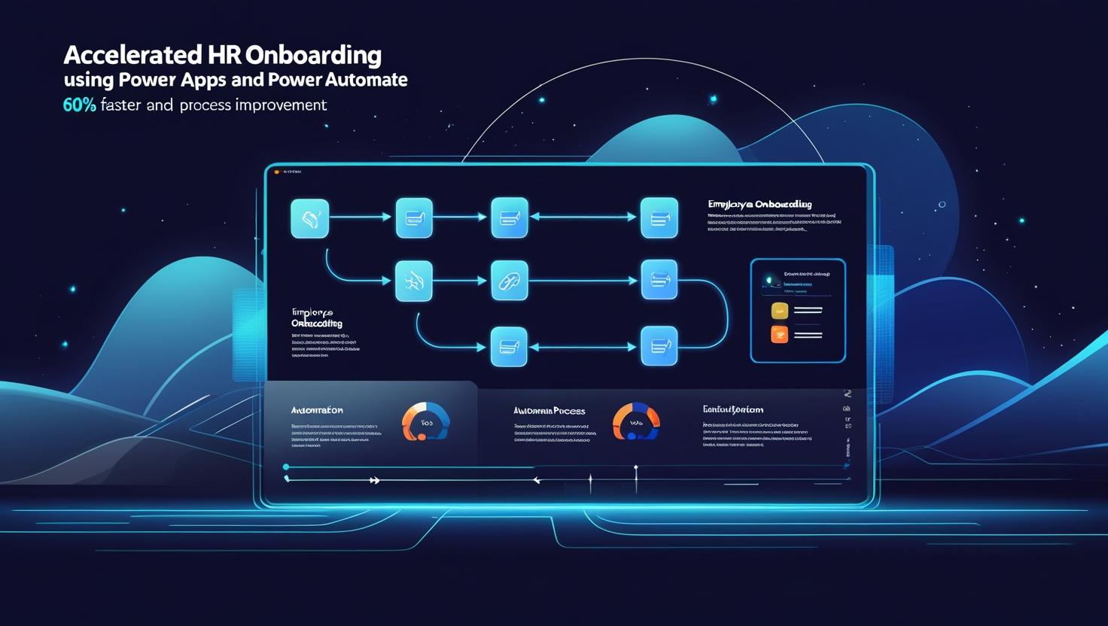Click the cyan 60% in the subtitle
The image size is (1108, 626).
(x=79, y=105)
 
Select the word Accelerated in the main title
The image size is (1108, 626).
(x=132, y=56)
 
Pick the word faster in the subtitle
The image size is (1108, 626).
(x=120, y=105)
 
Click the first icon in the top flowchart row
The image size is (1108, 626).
(x=309, y=218)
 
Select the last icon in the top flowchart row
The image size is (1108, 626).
(x=659, y=218)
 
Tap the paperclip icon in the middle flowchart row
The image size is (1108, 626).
(x=509, y=281)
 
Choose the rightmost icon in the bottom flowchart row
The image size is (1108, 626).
(x=659, y=346)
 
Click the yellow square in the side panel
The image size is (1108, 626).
(x=779, y=310)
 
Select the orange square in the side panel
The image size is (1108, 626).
(x=779, y=335)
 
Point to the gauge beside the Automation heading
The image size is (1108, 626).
(x=426, y=421)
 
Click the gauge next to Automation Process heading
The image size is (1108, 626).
(x=636, y=421)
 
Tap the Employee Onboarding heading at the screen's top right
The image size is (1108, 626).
(x=759, y=204)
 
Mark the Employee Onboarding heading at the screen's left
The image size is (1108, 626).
(x=316, y=318)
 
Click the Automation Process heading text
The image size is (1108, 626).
(x=549, y=411)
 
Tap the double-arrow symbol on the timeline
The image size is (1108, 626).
(x=374, y=480)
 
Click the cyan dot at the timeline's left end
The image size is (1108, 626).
(x=286, y=467)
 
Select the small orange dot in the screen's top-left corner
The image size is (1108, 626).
(x=277, y=172)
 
